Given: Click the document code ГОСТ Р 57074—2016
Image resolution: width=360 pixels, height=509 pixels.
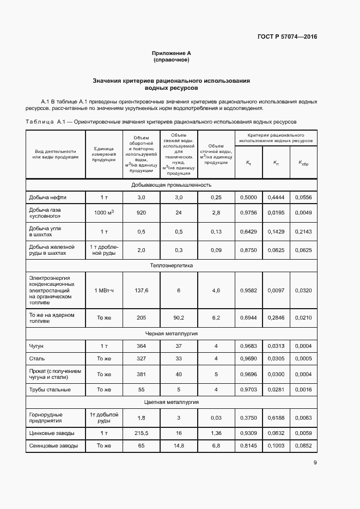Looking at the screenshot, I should click(x=287, y=37).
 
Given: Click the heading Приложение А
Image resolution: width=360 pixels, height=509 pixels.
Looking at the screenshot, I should click(x=171, y=53).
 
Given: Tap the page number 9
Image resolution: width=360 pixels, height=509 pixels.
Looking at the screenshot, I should click(x=315, y=463).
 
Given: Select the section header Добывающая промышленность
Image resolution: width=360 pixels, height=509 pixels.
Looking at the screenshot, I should click(x=171, y=185).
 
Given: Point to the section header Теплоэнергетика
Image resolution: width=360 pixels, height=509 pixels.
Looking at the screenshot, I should click(x=171, y=266).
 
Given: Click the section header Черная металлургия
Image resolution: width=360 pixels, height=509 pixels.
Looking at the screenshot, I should click(x=171, y=333).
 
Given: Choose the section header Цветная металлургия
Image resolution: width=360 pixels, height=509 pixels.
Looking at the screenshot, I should click(x=171, y=402).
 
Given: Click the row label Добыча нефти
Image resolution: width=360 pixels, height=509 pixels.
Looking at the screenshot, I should click(x=44, y=197).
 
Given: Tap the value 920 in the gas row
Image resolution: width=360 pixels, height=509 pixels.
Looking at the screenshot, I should click(x=141, y=213).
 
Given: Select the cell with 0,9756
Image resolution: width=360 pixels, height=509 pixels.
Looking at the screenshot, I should click(x=248, y=213).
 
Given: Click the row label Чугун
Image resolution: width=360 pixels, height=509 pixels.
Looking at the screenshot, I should click(x=36, y=346).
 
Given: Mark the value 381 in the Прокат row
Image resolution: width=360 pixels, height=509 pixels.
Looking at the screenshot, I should click(x=141, y=374).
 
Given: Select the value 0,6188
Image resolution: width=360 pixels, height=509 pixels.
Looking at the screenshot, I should click(x=276, y=418).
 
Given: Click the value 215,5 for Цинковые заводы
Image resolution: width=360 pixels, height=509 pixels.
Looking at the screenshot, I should click(x=141, y=433).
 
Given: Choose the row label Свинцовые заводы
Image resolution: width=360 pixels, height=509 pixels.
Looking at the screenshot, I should click(x=53, y=446).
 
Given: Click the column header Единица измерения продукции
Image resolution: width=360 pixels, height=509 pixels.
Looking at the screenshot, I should click(x=104, y=154).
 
